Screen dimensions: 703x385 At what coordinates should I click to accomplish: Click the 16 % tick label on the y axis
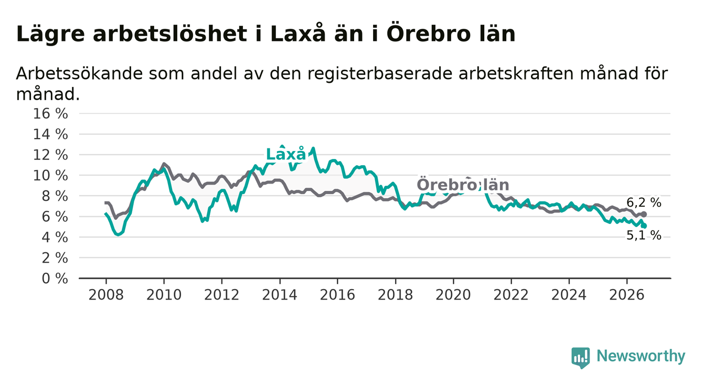50,114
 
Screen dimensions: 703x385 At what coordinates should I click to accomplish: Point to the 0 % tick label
55,279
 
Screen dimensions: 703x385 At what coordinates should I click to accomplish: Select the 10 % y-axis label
50,175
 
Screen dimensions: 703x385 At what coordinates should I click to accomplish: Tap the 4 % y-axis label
55,237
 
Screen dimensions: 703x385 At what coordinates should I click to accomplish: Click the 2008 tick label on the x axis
106,295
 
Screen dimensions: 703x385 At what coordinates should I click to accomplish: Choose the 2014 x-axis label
280,295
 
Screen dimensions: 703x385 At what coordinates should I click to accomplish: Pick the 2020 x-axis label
453,295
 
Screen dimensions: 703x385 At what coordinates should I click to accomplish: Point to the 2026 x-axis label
627,295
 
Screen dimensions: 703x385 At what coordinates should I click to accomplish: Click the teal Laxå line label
285,154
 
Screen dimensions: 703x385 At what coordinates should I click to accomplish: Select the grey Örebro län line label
463,185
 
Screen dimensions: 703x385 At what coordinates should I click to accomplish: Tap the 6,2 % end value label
644,202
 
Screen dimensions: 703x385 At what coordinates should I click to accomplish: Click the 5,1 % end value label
644,236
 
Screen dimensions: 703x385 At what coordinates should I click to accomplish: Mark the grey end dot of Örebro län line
644,215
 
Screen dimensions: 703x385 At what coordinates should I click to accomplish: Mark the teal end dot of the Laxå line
644,226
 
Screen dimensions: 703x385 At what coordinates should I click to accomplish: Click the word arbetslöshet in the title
170,34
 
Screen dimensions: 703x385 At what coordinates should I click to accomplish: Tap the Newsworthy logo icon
581,357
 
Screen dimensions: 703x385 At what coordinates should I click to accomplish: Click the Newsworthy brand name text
641,356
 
